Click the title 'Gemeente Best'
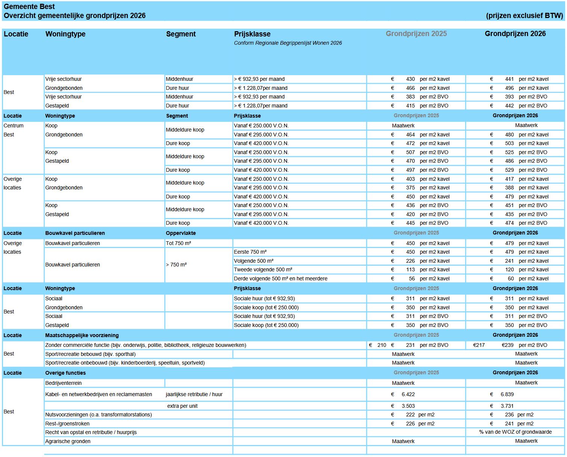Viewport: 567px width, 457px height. pos(29,7)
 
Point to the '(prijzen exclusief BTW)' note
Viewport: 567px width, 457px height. pos(524,16)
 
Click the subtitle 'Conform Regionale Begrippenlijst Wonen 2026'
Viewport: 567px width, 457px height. pos(288,43)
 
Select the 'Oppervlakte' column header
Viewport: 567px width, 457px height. pos(181,233)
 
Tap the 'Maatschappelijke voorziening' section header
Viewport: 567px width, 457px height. pos(82,335)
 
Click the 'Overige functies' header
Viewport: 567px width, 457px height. pos(65,373)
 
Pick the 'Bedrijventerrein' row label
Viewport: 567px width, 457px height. pos(64,383)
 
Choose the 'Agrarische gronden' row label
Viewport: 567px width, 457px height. pos(68,441)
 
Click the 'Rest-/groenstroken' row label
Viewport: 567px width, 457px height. pos(67,424)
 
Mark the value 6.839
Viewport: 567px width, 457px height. pos(507,394)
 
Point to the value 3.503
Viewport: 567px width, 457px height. pos(408,406)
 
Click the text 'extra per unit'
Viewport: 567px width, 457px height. pos(182,406)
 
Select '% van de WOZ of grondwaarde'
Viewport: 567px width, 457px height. pos(515,432)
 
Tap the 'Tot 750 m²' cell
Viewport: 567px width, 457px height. pos(178,243)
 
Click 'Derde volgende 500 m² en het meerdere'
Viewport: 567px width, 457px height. pos(280,278)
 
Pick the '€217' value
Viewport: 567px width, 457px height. pos(479,345)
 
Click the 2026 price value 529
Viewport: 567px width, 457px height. pos(509,170)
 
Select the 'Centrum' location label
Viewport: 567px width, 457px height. pos(14,126)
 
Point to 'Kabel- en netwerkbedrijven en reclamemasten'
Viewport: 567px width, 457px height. pos(98,394)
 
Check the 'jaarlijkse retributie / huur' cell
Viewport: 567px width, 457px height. pos(194,394)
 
